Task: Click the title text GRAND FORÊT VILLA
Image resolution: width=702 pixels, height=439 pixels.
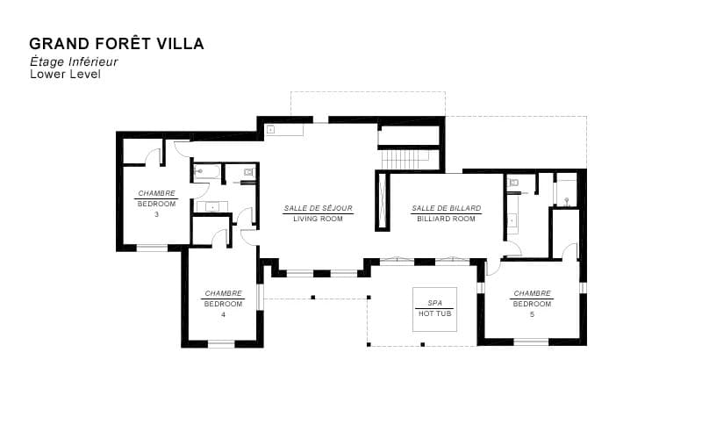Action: (x=116, y=44)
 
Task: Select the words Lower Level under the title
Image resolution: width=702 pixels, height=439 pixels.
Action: (x=65, y=75)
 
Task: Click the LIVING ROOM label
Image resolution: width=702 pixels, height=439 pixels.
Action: (x=318, y=219)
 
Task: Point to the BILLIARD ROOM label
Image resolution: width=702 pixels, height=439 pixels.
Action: (x=446, y=219)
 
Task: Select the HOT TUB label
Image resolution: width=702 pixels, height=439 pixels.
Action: (x=434, y=313)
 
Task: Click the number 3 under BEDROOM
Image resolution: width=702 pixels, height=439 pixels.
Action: (x=156, y=214)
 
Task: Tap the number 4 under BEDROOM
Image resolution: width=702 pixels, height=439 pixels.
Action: (x=223, y=314)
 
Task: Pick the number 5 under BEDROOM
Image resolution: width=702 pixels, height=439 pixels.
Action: (x=532, y=314)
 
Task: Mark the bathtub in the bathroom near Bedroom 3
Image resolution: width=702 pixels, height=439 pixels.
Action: (x=207, y=172)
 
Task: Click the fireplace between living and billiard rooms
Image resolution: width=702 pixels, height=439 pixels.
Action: (x=382, y=200)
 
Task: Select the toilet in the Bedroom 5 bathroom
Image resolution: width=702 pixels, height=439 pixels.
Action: (x=513, y=183)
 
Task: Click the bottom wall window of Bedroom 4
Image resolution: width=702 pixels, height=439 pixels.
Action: (x=221, y=343)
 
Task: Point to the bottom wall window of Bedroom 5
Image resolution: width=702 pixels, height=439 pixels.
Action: (x=530, y=342)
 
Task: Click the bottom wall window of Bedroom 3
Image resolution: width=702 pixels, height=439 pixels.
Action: (x=152, y=248)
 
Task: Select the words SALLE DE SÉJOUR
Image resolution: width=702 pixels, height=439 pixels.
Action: (x=318, y=208)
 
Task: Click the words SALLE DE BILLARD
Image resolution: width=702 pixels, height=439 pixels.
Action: (x=446, y=208)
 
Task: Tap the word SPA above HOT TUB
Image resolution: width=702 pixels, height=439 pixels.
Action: (x=434, y=303)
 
